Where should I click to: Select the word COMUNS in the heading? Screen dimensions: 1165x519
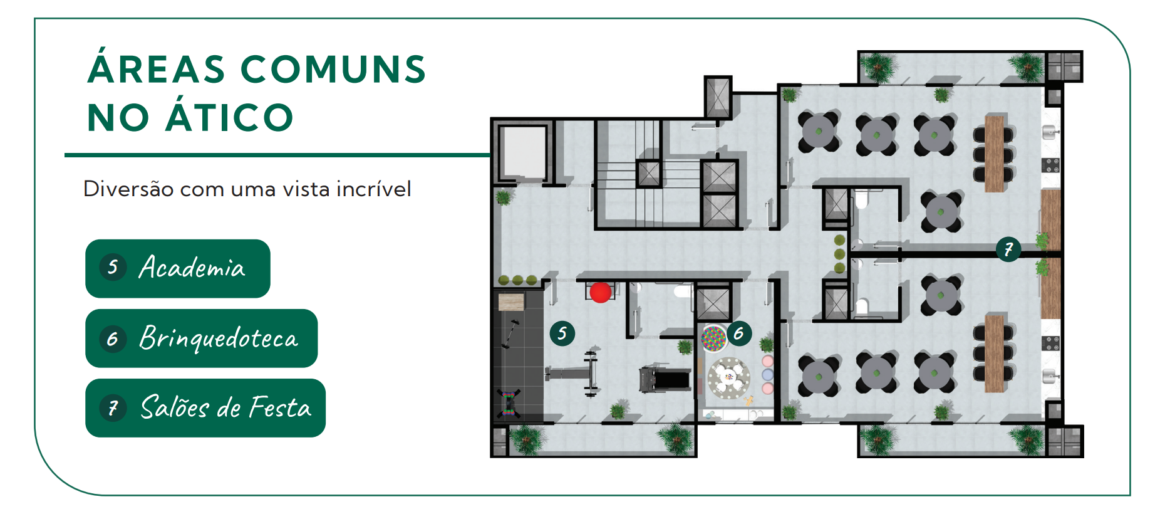click(x=333, y=69)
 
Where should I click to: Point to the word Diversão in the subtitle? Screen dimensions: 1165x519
click(x=128, y=188)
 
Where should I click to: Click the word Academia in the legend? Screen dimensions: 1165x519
click(x=192, y=268)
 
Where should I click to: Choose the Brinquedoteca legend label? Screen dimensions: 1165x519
click(x=218, y=338)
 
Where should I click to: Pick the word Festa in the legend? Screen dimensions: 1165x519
click(x=280, y=408)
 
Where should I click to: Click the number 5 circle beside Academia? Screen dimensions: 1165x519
click(x=113, y=268)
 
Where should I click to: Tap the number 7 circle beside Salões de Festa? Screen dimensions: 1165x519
click(x=113, y=408)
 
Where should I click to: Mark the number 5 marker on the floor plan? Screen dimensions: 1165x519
click(x=562, y=333)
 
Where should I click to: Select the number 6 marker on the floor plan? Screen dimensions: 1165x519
click(x=739, y=333)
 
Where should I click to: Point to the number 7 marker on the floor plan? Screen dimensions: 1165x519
click(x=1008, y=249)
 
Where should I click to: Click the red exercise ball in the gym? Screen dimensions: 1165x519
click(x=600, y=292)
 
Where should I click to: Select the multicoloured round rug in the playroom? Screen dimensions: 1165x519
click(x=713, y=338)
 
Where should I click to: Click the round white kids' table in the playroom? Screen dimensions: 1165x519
click(x=728, y=378)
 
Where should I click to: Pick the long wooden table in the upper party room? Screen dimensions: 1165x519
click(x=994, y=153)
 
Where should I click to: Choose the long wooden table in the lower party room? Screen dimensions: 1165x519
click(x=994, y=354)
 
